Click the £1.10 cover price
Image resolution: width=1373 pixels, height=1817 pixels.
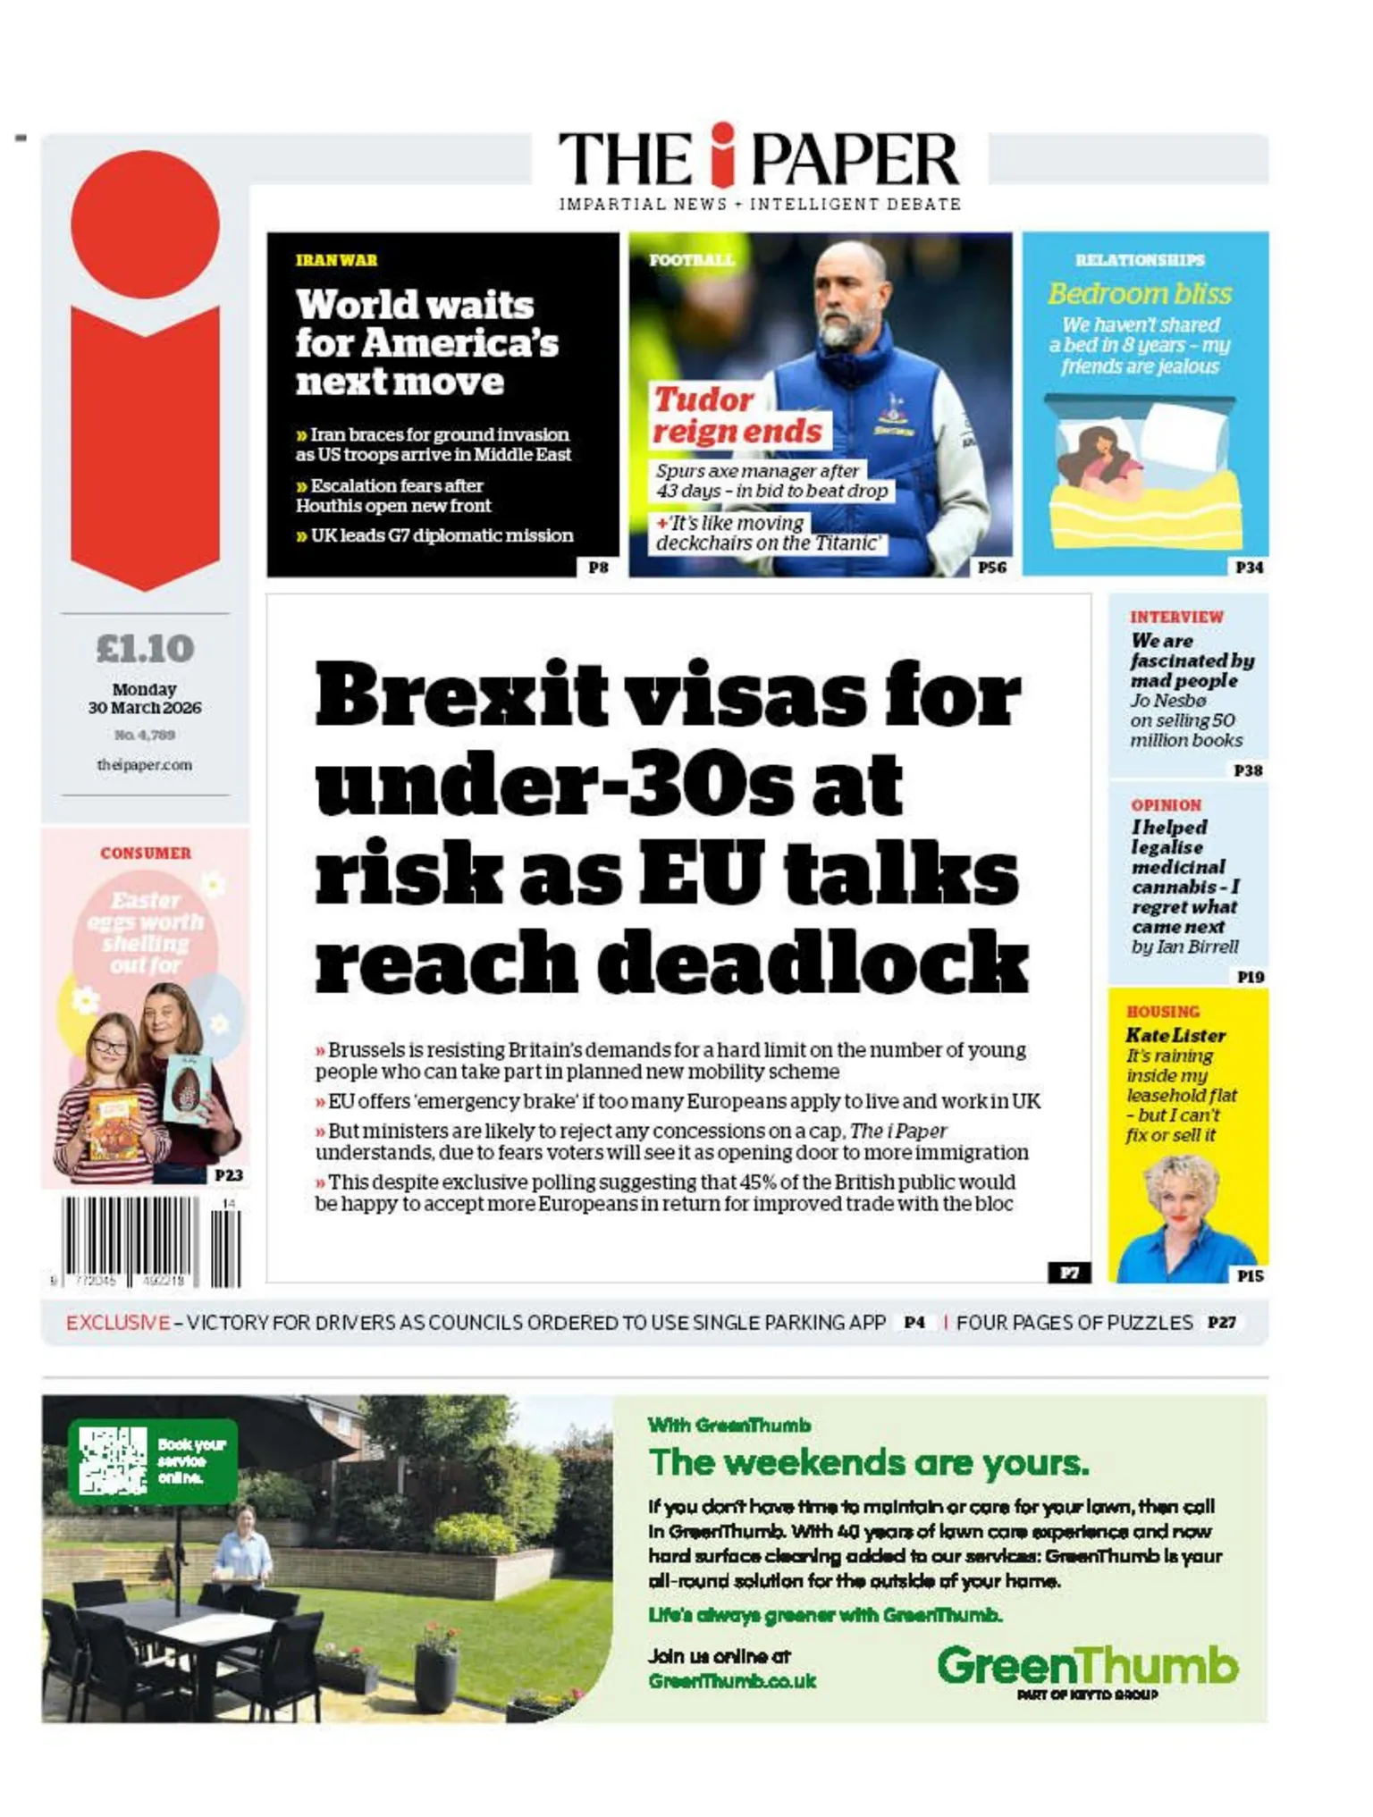pyautogui.click(x=145, y=649)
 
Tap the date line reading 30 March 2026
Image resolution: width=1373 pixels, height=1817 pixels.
pyautogui.click(x=145, y=707)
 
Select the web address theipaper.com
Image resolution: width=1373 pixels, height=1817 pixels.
pyautogui.click(x=145, y=765)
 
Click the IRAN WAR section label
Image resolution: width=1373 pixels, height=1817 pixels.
pyautogui.click(x=337, y=260)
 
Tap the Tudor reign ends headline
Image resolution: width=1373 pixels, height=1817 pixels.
pyautogui.click(x=737, y=415)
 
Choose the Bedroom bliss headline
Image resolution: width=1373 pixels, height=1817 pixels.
pyautogui.click(x=1140, y=294)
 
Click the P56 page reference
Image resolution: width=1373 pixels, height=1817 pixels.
pyautogui.click(x=991, y=567)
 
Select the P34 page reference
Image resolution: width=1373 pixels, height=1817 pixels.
pyautogui.click(x=1249, y=567)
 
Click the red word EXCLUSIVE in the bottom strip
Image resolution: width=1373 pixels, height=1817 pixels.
pyautogui.click(x=118, y=1322)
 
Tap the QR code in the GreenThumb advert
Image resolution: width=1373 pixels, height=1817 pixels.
pyautogui.click(x=113, y=1459)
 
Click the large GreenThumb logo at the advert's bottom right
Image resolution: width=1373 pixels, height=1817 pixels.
pyautogui.click(x=1087, y=1666)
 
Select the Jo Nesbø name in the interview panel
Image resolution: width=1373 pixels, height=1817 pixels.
pyautogui.click(x=1167, y=701)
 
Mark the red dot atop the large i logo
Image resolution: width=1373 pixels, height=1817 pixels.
pyautogui.click(x=145, y=224)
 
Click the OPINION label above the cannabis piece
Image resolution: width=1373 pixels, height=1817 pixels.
pyautogui.click(x=1166, y=805)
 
